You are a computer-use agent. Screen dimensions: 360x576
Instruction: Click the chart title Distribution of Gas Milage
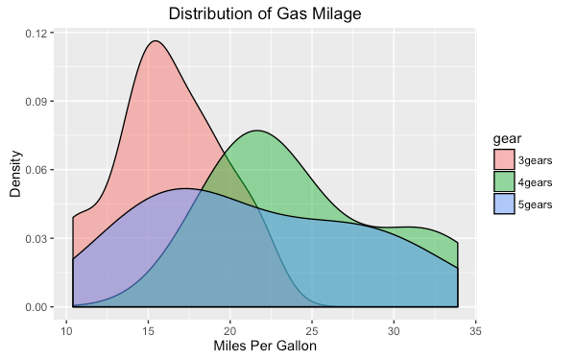pyautogui.click(x=265, y=13)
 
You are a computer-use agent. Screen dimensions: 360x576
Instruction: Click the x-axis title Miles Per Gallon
pyautogui.click(x=265, y=346)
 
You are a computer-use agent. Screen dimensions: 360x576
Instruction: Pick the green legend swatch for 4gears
pyautogui.click(x=504, y=181)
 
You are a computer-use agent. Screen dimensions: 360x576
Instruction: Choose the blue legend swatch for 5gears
pyautogui.click(x=504, y=204)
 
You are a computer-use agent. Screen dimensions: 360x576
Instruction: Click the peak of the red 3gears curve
pyautogui.click(x=154, y=40)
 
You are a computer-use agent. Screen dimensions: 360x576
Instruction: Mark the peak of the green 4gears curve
pyautogui.click(x=256, y=131)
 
